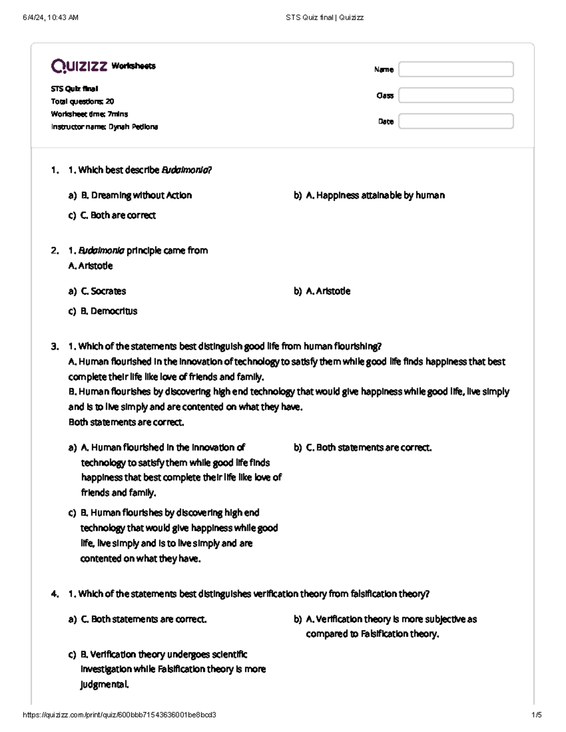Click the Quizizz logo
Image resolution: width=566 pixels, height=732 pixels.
pos(79,66)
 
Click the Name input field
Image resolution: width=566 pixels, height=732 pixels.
pos(456,69)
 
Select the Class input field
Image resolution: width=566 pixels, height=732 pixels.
pos(456,95)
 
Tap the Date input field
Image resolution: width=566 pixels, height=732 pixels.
pos(456,121)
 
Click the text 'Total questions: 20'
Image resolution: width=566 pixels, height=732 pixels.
pos(82,101)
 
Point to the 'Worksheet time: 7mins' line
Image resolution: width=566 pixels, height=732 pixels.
pos(89,114)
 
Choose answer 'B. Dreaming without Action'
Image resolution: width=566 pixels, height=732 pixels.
pos(136,195)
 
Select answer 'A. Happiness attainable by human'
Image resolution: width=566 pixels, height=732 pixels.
pos(375,195)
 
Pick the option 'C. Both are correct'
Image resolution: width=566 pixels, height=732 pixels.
pos(118,215)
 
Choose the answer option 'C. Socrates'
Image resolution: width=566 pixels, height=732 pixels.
pos(103,291)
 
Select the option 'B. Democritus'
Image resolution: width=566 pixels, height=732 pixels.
pos(109,311)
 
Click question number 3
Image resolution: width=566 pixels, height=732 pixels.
pos(55,346)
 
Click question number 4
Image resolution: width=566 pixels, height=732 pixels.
pos(55,594)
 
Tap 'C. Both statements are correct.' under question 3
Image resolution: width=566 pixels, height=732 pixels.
pos(369,447)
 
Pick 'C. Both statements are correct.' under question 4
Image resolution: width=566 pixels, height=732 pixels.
pos(144,619)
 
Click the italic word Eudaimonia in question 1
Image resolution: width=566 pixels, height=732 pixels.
pos(186,170)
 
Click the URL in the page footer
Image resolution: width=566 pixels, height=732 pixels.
pos(119,715)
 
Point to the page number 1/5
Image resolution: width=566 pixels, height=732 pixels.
pos(536,715)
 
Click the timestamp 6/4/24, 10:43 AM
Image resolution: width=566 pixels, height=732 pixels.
pos(50,17)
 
